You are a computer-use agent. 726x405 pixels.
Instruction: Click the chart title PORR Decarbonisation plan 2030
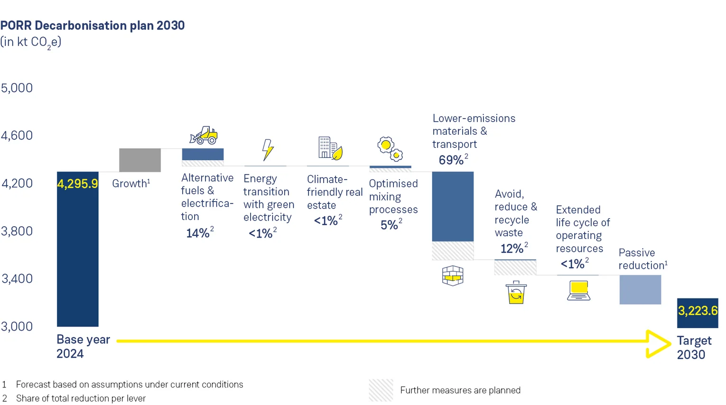[x=93, y=26]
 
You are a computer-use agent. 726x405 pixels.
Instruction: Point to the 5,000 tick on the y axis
[x=17, y=88]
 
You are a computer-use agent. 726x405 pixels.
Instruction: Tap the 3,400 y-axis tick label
[x=17, y=278]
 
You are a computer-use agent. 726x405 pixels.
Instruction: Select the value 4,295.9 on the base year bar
[x=77, y=184]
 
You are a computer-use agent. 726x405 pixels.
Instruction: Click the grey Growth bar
[x=140, y=160]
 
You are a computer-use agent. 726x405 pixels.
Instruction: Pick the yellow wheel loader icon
[x=204, y=136]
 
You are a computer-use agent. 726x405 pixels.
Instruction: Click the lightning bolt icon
[x=268, y=149]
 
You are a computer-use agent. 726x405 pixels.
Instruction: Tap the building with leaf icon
[x=330, y=148]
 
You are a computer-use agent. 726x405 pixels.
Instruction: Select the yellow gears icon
[x=390, y=149]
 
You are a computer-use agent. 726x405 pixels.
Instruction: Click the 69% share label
[x=451, y=160]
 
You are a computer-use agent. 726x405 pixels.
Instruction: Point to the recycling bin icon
[x=516, y=292]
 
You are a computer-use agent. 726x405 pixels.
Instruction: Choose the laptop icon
[x=579, y=291]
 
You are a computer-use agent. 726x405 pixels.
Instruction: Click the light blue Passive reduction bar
[x=640, y=289]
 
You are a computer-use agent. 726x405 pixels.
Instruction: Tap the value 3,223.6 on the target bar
[x=698, y=311]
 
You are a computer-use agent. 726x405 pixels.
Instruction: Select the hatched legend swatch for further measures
[x=381, y=390]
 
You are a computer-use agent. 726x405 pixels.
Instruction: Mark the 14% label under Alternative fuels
[x=198, y=233]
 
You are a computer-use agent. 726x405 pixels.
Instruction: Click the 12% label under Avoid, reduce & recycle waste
[x=512, y=249]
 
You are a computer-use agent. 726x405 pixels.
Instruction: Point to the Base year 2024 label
[x=83, y=347]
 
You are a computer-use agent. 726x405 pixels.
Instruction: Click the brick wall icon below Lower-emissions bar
[x=453, y=276]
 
